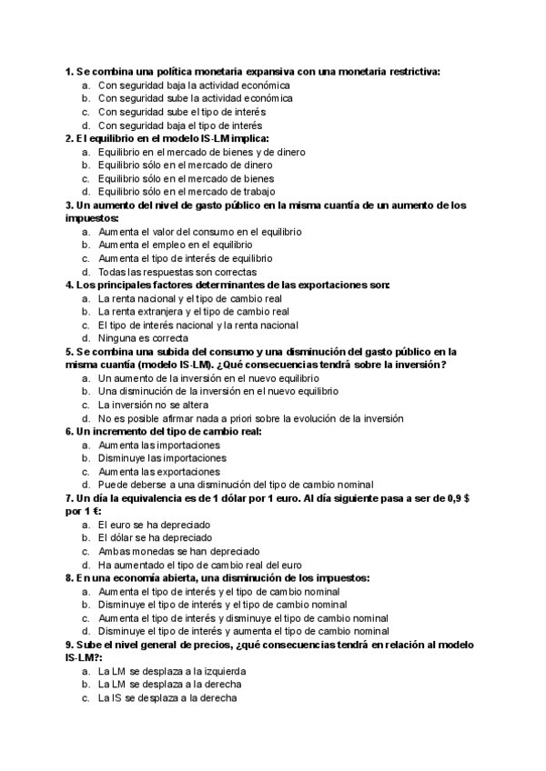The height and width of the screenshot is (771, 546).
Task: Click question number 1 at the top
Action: click(x=69, y=72)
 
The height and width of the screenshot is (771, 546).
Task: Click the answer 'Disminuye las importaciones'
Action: click(x=162, y=458)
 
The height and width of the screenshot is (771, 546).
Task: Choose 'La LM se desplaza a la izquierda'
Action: click(x=172, y=671)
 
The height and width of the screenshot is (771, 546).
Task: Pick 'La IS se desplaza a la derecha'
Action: click(x=167, y=697)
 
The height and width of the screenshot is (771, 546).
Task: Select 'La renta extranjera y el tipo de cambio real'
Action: click(x=193, y=312)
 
